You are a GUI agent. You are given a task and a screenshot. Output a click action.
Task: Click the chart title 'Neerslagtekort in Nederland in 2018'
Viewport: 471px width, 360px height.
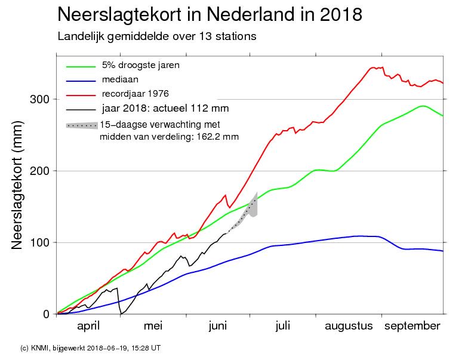point(210,15)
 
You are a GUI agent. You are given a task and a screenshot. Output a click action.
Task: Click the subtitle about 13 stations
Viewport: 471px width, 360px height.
point(157,36)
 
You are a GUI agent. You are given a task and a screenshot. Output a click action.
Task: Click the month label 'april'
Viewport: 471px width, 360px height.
point(88,326)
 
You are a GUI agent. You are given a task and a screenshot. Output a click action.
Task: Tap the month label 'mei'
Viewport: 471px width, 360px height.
point(153,326)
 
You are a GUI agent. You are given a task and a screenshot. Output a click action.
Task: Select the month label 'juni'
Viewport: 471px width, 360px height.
point(218,326)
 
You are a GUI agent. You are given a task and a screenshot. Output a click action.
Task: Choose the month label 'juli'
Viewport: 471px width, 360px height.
point(282,326)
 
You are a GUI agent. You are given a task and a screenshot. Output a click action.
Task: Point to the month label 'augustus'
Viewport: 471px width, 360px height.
point(349,326)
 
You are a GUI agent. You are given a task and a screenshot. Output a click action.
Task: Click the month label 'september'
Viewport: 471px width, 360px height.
point(412,326)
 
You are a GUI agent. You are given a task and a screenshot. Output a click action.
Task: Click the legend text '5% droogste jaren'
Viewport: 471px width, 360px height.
point(140,64)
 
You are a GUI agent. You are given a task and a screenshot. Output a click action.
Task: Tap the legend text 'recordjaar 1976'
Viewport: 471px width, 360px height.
point(136,93)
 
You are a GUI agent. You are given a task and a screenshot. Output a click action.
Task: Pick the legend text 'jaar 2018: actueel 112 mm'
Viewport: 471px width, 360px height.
point(165,108)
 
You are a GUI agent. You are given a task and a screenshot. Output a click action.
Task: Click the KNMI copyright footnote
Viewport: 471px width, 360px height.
point(90,347)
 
